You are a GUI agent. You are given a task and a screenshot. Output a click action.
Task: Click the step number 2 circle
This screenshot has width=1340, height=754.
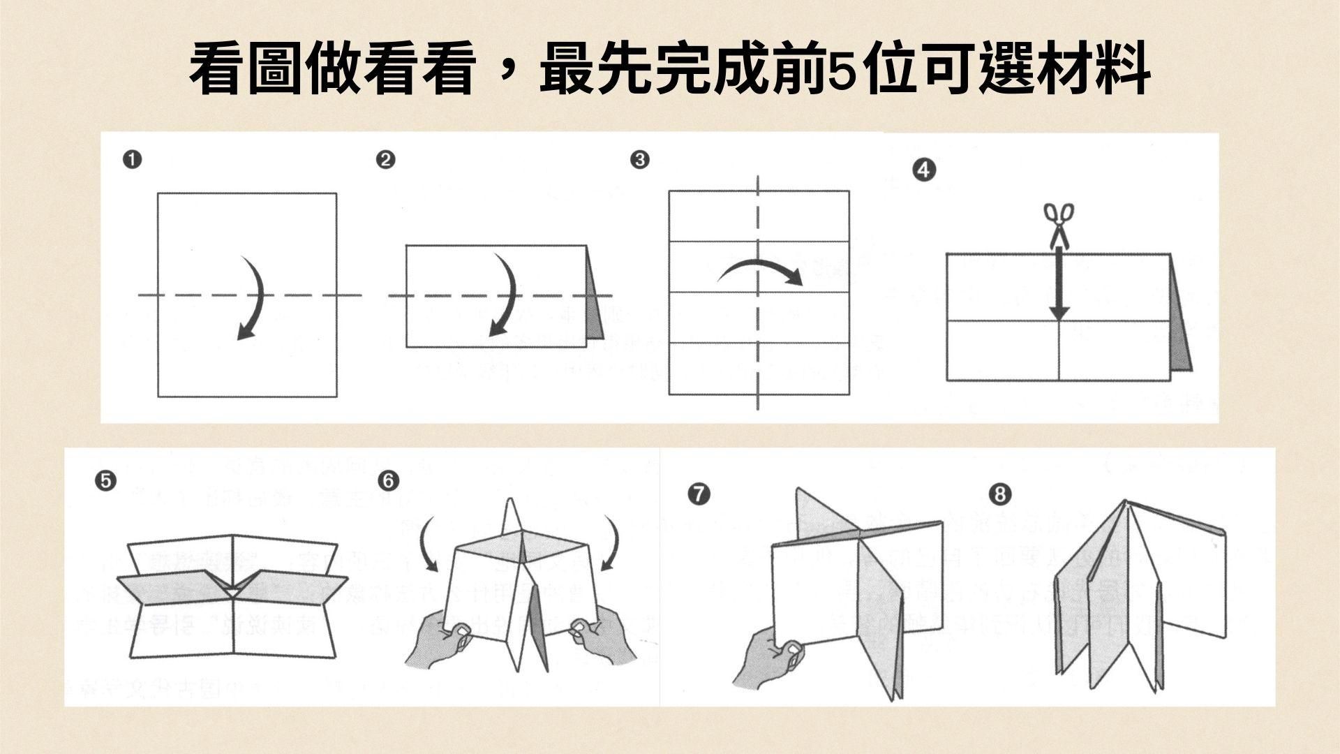[385, 160]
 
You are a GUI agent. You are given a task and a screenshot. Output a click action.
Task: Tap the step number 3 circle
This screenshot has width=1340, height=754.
[639, 160]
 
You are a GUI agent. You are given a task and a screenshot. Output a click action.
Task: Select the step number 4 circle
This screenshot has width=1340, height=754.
[924, 170]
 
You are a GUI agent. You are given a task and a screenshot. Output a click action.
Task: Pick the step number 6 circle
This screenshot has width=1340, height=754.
[389, 480]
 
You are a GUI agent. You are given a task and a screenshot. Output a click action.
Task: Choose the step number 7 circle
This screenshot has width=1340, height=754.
[698, 494]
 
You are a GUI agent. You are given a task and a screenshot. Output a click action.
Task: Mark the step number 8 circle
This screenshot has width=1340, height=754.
[999, 494]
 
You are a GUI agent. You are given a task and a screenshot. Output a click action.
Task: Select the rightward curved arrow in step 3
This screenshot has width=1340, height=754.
[761, 271]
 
